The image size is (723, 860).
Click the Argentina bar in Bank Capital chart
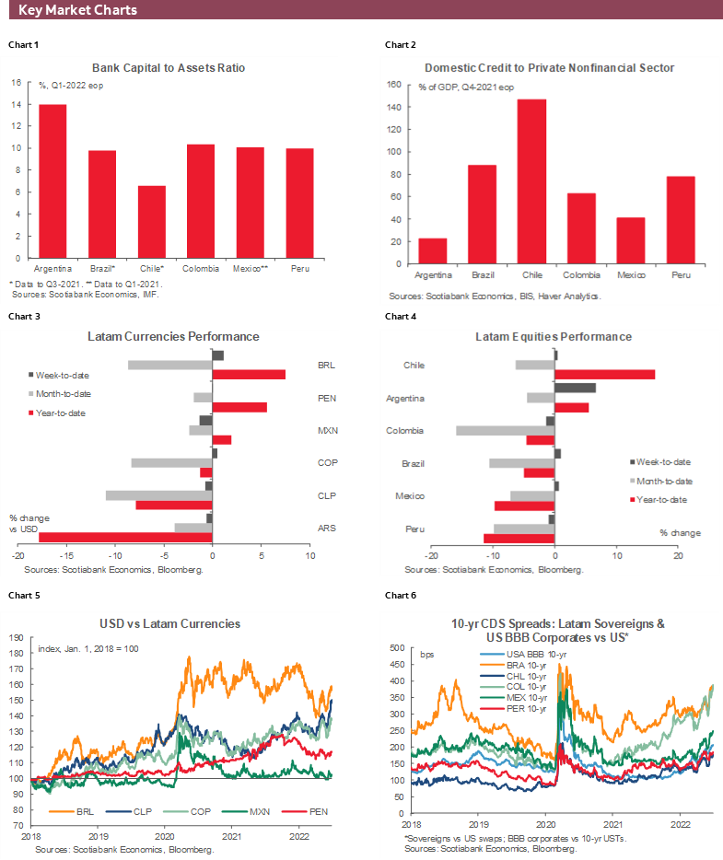pos(52,181)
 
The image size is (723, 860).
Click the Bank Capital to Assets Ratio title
pos(169,68)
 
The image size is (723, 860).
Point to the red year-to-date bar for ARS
pos(125,537)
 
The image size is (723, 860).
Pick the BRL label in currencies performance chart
pos(326,365)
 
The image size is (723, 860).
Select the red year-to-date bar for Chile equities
pos(605,374)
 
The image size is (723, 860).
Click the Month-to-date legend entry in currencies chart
pos(64,394)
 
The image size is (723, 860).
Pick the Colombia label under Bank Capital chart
pos(200,268)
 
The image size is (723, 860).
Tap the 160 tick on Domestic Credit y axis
pos(393,85)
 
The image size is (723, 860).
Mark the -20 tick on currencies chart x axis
pos(17,557)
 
